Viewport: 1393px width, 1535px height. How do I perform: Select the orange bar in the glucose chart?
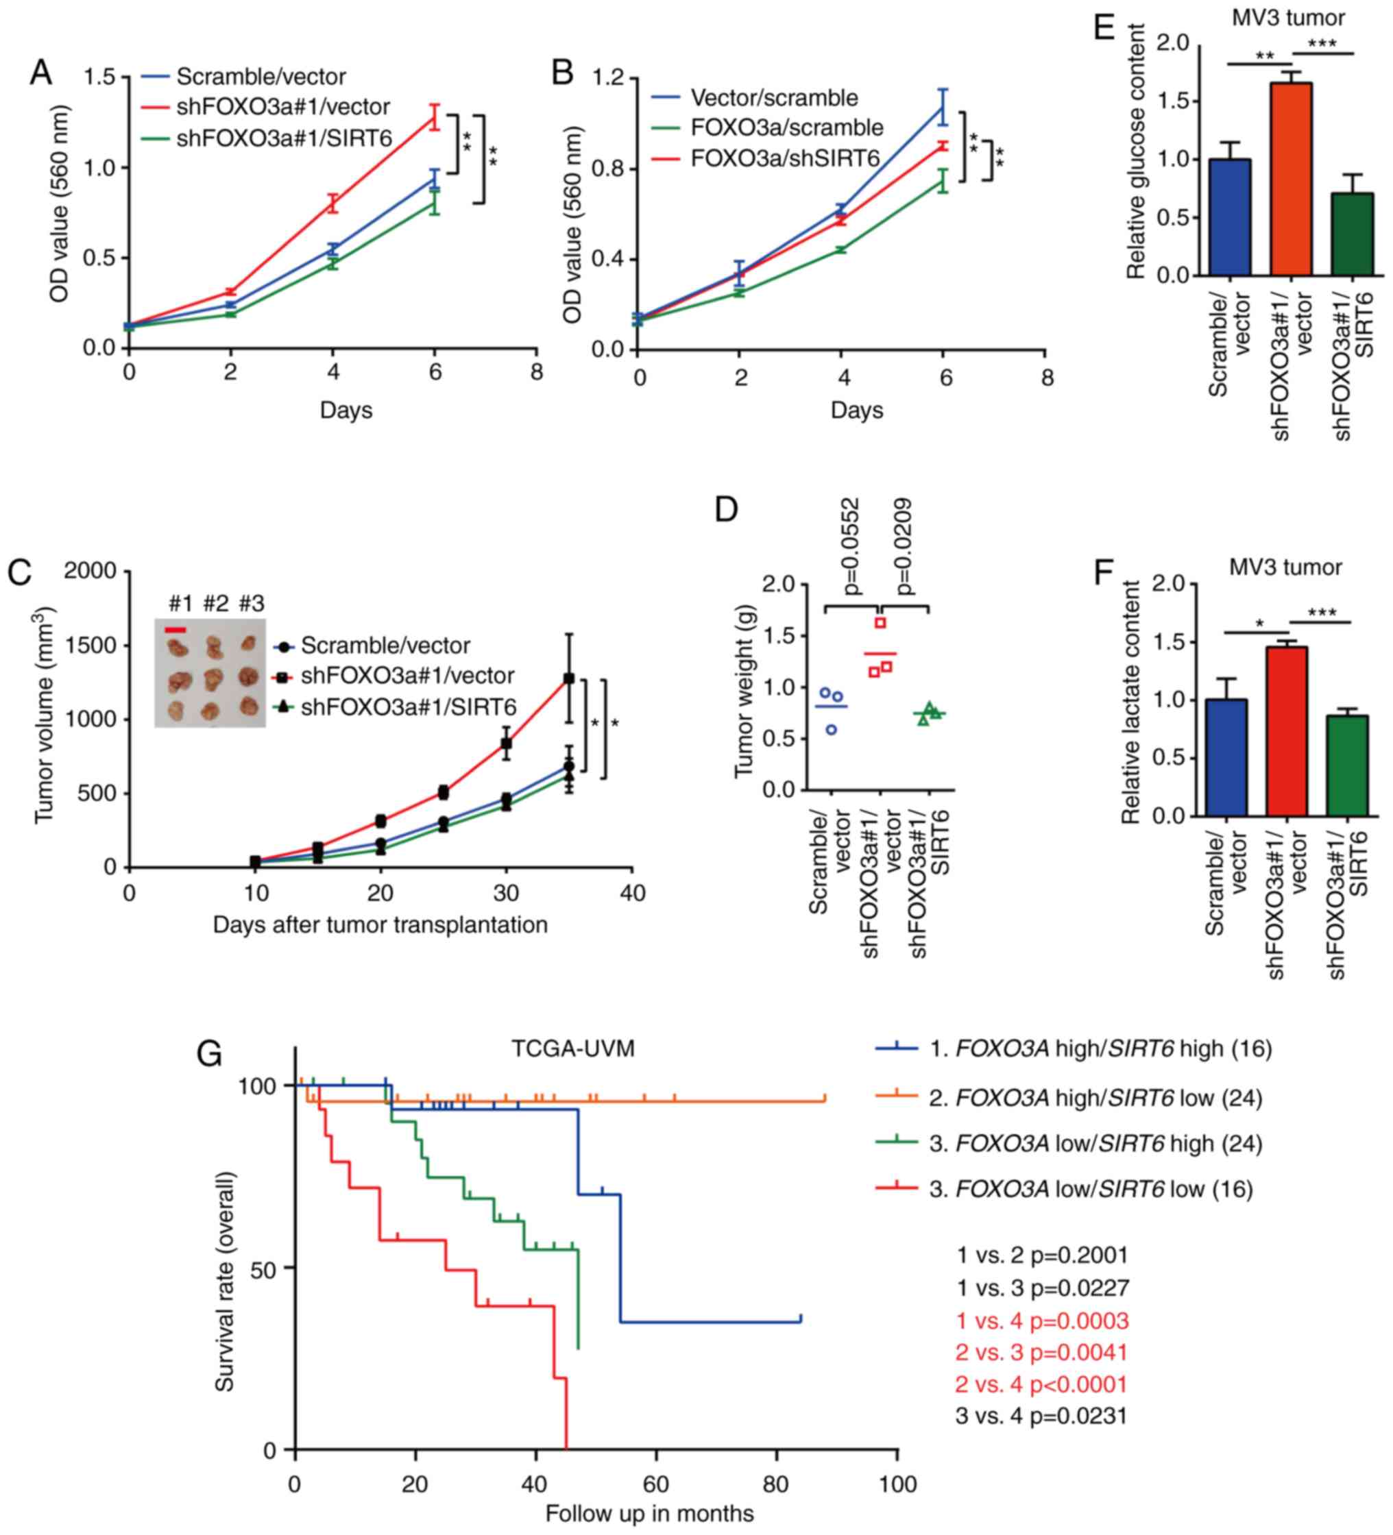tap(1291, 179)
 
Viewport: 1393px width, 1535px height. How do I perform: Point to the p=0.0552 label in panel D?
tap(851, 547)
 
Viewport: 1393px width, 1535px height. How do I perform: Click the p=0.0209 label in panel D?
tap(905, 547)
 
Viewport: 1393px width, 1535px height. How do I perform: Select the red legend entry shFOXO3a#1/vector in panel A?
tap(282, 107)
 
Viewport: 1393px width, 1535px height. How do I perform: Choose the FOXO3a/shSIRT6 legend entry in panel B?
tap(784, 158)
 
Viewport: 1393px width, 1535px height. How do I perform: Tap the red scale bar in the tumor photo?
tap(176, 630)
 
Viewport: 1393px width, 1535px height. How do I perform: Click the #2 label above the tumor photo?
tap(215, 604)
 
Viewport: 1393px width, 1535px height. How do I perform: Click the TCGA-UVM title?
tap(572, 1048)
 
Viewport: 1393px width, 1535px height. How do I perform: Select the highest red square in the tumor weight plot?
tap(880, 623)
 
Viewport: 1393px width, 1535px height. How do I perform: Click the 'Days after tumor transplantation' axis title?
tap(380, 924)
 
